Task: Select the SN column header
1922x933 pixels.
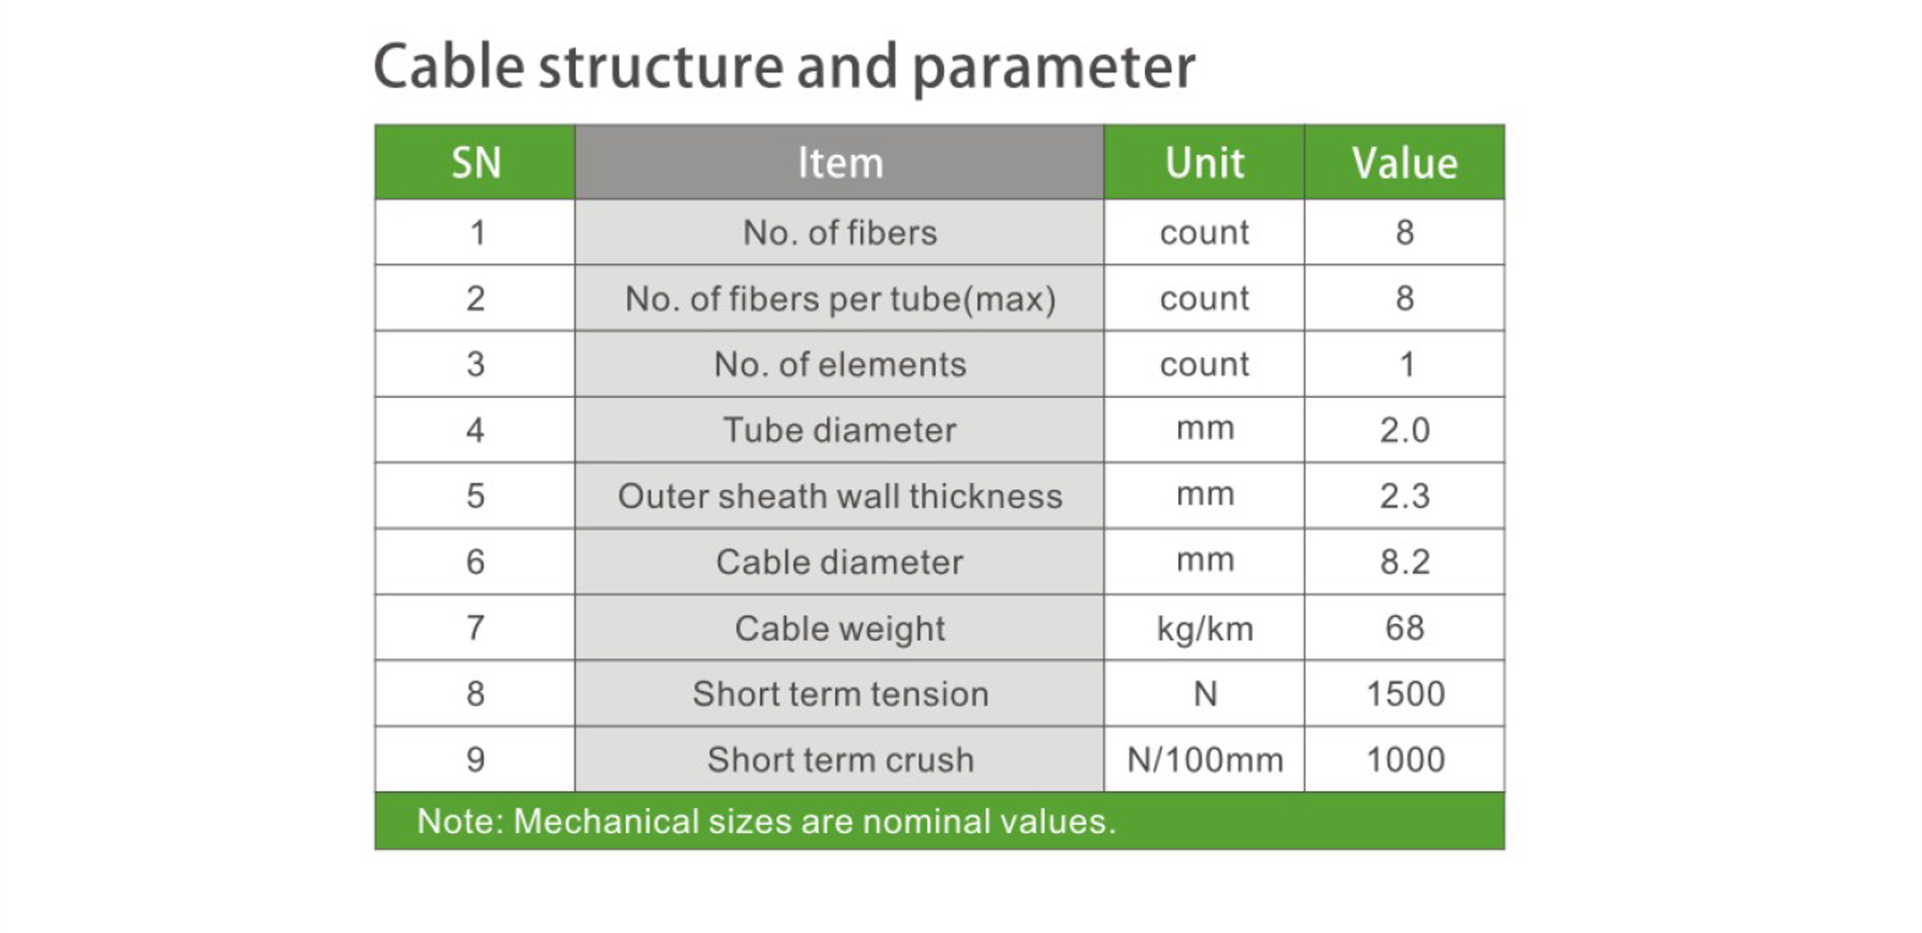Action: pos(476,163)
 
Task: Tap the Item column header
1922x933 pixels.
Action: pos(840,163)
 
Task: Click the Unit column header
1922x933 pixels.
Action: pos(1204,163)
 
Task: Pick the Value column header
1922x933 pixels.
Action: pos(1405,163)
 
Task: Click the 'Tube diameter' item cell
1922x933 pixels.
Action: pos(840,430)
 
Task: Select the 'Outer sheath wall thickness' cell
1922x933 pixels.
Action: pos(840,496)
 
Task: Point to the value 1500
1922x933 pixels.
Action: pos(1405,693)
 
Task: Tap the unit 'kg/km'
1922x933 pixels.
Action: pos(1204,628)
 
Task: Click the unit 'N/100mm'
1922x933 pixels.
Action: pos(1204,759)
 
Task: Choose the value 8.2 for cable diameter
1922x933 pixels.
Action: pos(1405,562)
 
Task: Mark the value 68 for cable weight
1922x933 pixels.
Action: pos(1405,627)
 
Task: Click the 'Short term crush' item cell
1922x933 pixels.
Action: pos(840,759)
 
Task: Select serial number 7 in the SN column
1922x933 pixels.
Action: pos(476,627)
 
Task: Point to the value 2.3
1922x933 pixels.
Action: pos(1405,496)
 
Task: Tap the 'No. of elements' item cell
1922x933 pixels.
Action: pos(840,365)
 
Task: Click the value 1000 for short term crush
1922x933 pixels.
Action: pos(1405,759)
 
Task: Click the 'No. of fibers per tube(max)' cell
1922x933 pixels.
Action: pos(840,299)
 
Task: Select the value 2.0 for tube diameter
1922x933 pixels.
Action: pos(1405,430)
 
